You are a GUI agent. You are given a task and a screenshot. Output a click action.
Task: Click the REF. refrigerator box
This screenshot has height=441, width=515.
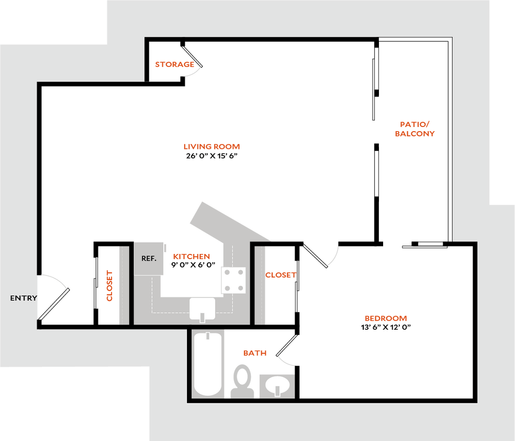(x=150, y=258)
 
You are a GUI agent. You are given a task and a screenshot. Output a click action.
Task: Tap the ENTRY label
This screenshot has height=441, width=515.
(x=24, y=298)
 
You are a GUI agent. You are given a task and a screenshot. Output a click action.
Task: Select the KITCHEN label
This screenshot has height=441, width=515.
(x=192, y=257)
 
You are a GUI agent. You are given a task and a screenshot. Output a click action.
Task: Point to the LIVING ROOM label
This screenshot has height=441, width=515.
(x=211, y=147)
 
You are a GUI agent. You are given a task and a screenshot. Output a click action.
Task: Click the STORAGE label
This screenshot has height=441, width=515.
(x=174, y=65)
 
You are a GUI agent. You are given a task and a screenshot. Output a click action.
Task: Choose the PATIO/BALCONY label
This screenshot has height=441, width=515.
(x=415, y=129)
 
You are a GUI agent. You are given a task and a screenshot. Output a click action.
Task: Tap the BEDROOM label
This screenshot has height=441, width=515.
(x=386, y=318)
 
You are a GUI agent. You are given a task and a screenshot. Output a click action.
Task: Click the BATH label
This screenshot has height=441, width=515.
(x=255, y=353)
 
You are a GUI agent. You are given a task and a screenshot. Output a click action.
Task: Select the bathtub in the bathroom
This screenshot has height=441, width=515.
(x=208, y=364)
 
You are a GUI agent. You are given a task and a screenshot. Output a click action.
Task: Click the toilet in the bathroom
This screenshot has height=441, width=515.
(x=242, y=380)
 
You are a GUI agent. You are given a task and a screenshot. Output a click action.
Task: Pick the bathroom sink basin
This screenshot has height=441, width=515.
(x=277, y=386)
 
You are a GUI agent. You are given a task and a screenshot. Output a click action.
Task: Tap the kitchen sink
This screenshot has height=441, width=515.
(x=202, y=308)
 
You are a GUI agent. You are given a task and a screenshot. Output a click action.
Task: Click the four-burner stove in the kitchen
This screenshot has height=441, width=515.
(x=233, y=280)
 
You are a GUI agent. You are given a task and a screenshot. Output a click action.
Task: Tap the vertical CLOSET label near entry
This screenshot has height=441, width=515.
(x=109, y=285)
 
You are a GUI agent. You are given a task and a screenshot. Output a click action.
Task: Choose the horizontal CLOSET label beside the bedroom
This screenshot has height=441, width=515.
(x=281, y=275)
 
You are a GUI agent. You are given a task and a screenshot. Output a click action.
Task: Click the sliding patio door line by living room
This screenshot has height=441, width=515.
(x=374, y=89)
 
